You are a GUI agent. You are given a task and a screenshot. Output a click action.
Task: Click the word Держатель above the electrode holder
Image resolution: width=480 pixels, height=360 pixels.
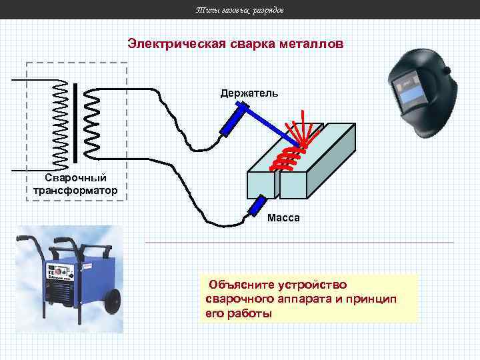coord(249,93)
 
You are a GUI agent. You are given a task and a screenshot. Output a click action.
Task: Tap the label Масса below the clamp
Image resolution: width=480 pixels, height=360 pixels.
coord(283,218)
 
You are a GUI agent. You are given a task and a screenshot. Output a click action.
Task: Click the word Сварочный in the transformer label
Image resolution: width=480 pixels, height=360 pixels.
coord(75,178)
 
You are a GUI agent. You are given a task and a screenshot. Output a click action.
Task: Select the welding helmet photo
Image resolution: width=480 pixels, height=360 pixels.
coord(423,93)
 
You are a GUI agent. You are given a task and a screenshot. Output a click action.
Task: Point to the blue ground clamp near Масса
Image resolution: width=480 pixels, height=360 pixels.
coord(257,206)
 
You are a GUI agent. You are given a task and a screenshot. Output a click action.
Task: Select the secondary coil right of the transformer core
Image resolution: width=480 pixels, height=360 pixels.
coord(92,124)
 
